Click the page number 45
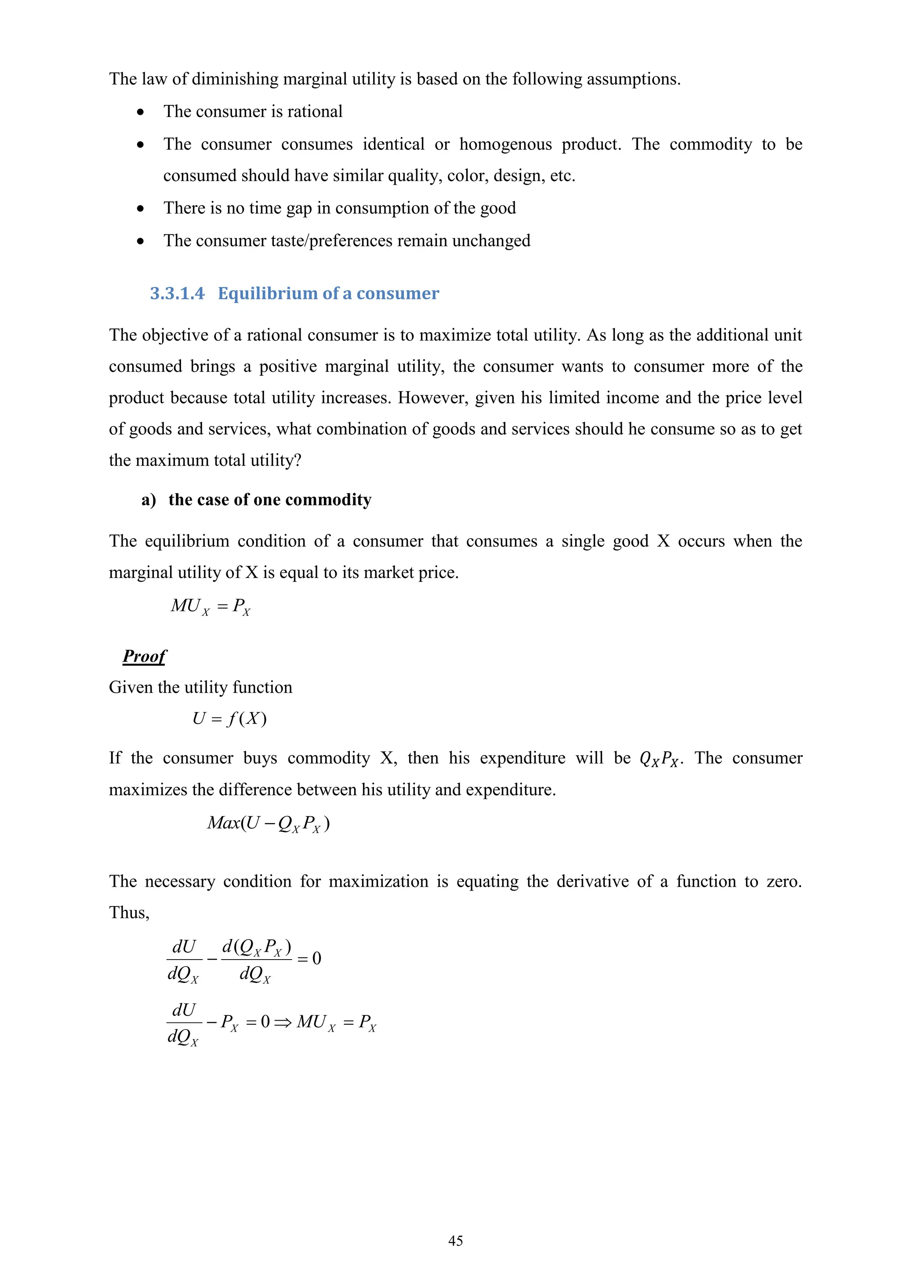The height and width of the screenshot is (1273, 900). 455,1240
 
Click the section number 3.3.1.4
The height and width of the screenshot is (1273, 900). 177,293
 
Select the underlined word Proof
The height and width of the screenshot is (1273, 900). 144,656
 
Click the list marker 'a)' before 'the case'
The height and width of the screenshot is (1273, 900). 149,500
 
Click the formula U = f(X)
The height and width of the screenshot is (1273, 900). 229,719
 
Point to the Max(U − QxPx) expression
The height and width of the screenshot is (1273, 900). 268,823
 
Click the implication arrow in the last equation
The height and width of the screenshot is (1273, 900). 283,1022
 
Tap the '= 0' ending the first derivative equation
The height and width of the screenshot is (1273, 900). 309,958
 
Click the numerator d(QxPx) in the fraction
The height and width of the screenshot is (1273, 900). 256,947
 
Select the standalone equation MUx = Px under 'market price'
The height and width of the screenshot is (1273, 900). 210,607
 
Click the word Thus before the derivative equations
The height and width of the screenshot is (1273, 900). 129,913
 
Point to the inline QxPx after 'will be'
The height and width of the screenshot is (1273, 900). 659,758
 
